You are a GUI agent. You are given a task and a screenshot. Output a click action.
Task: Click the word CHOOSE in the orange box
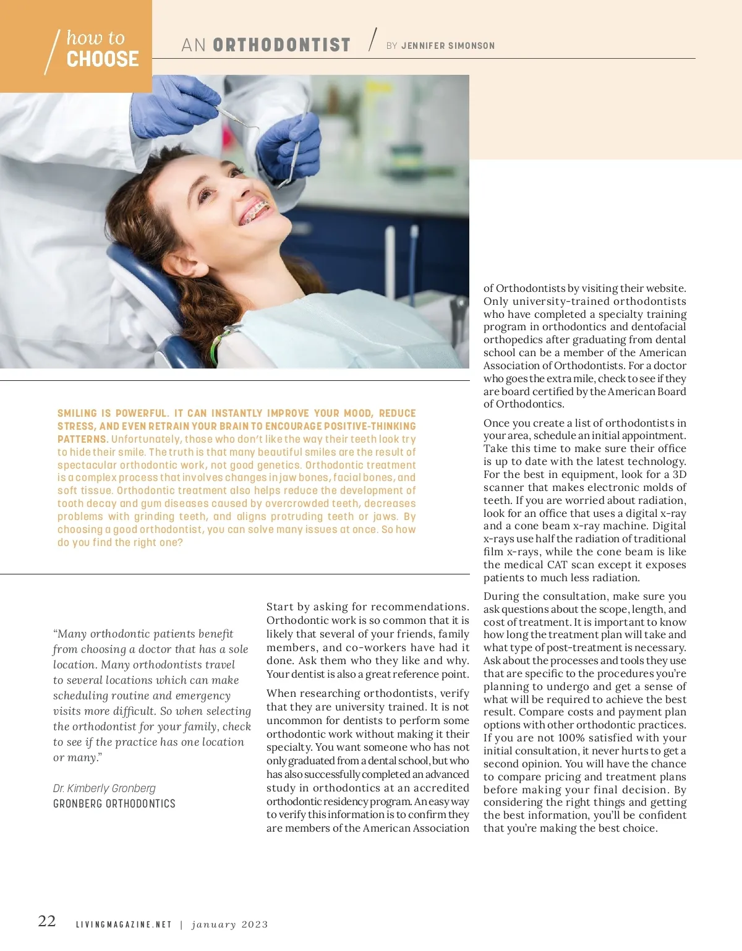coord(103,59)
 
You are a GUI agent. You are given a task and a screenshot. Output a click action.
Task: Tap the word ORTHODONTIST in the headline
coord(281,45)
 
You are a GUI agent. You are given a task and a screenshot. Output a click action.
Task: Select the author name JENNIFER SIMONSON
coord(448,46)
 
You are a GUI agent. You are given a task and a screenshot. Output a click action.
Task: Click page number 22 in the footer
coord(47,921)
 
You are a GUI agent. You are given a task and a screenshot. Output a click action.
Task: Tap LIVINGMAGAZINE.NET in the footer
coord(124,924)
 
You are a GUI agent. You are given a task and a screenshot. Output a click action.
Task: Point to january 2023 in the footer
coord(229,924)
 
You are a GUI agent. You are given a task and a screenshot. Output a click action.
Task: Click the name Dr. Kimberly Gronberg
coord(104,788)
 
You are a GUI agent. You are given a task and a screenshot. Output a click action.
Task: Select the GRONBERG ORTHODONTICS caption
coord(114,804)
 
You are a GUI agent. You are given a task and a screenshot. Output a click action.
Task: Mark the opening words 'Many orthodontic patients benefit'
coord(143,634)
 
